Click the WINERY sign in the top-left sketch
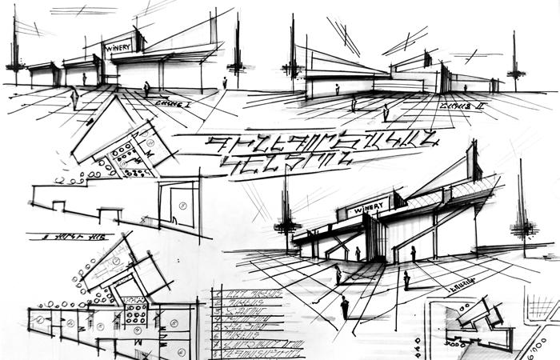118,47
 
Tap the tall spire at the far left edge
15,48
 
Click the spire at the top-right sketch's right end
514,60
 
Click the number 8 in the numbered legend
218,350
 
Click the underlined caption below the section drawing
68,237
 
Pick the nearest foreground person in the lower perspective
345,306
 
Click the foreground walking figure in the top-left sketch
146,88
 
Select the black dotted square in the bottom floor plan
134,309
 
